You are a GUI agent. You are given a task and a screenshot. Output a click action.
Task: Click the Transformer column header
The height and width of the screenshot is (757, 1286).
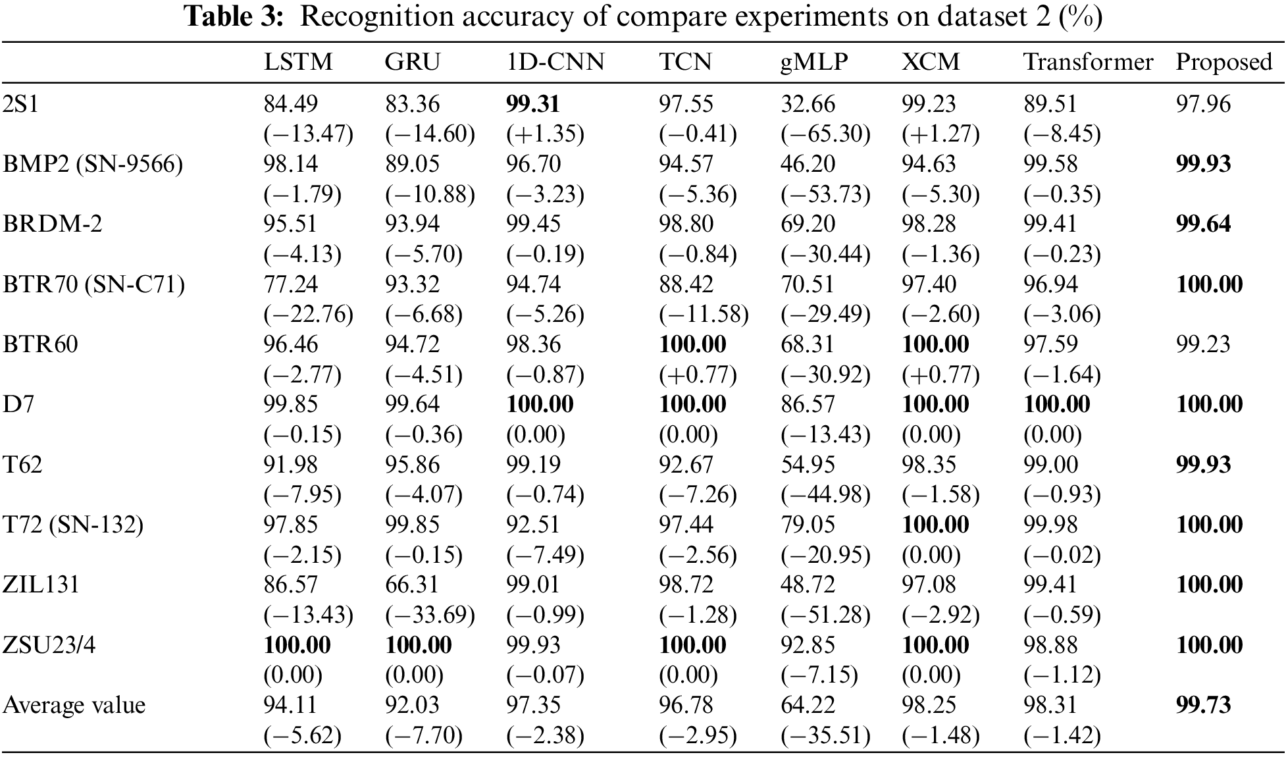tap(1088, 62)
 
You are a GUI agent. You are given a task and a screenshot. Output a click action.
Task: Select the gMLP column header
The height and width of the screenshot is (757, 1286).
tap(814, 62)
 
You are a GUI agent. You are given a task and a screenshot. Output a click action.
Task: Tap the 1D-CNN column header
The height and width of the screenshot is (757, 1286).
tap(555, 62)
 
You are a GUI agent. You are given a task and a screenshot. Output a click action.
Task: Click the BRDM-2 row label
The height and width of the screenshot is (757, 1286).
tap(53, 224)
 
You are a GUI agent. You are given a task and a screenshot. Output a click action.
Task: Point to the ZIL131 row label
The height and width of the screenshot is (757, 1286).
tap(41, 585)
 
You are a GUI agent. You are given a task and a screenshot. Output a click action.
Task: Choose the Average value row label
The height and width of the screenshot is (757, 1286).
tap(74, 705)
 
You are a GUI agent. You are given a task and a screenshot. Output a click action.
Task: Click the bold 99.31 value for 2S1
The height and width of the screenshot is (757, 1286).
tap(532, 104)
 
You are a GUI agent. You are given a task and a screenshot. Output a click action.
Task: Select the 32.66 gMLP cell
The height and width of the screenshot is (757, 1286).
tap(808, 104)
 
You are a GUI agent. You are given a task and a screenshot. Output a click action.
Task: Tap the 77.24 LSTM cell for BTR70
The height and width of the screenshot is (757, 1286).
tap(290, 284)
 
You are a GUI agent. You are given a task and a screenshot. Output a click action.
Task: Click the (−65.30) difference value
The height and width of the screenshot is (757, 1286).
tap(825, 134)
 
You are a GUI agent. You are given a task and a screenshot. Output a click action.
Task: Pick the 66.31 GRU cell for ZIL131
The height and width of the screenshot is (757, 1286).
tap(412, 585)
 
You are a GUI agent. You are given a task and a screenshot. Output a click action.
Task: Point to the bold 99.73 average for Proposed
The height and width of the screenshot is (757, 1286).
tap(1202, 705)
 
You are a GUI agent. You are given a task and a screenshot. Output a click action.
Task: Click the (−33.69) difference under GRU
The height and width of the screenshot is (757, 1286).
tap(430, 615)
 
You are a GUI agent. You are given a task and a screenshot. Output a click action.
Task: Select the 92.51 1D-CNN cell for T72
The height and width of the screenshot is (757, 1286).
tap(532, 525)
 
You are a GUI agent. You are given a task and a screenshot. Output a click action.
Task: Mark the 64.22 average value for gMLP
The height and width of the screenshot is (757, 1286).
tap(808, 705)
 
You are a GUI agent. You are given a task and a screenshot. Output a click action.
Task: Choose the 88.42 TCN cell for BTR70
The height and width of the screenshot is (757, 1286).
tap(686, 284)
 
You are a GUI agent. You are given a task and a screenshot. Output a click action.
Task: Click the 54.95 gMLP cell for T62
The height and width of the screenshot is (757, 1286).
tap(808, 465)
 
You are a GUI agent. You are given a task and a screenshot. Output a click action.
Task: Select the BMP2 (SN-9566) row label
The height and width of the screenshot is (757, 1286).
tap(93, 164)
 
